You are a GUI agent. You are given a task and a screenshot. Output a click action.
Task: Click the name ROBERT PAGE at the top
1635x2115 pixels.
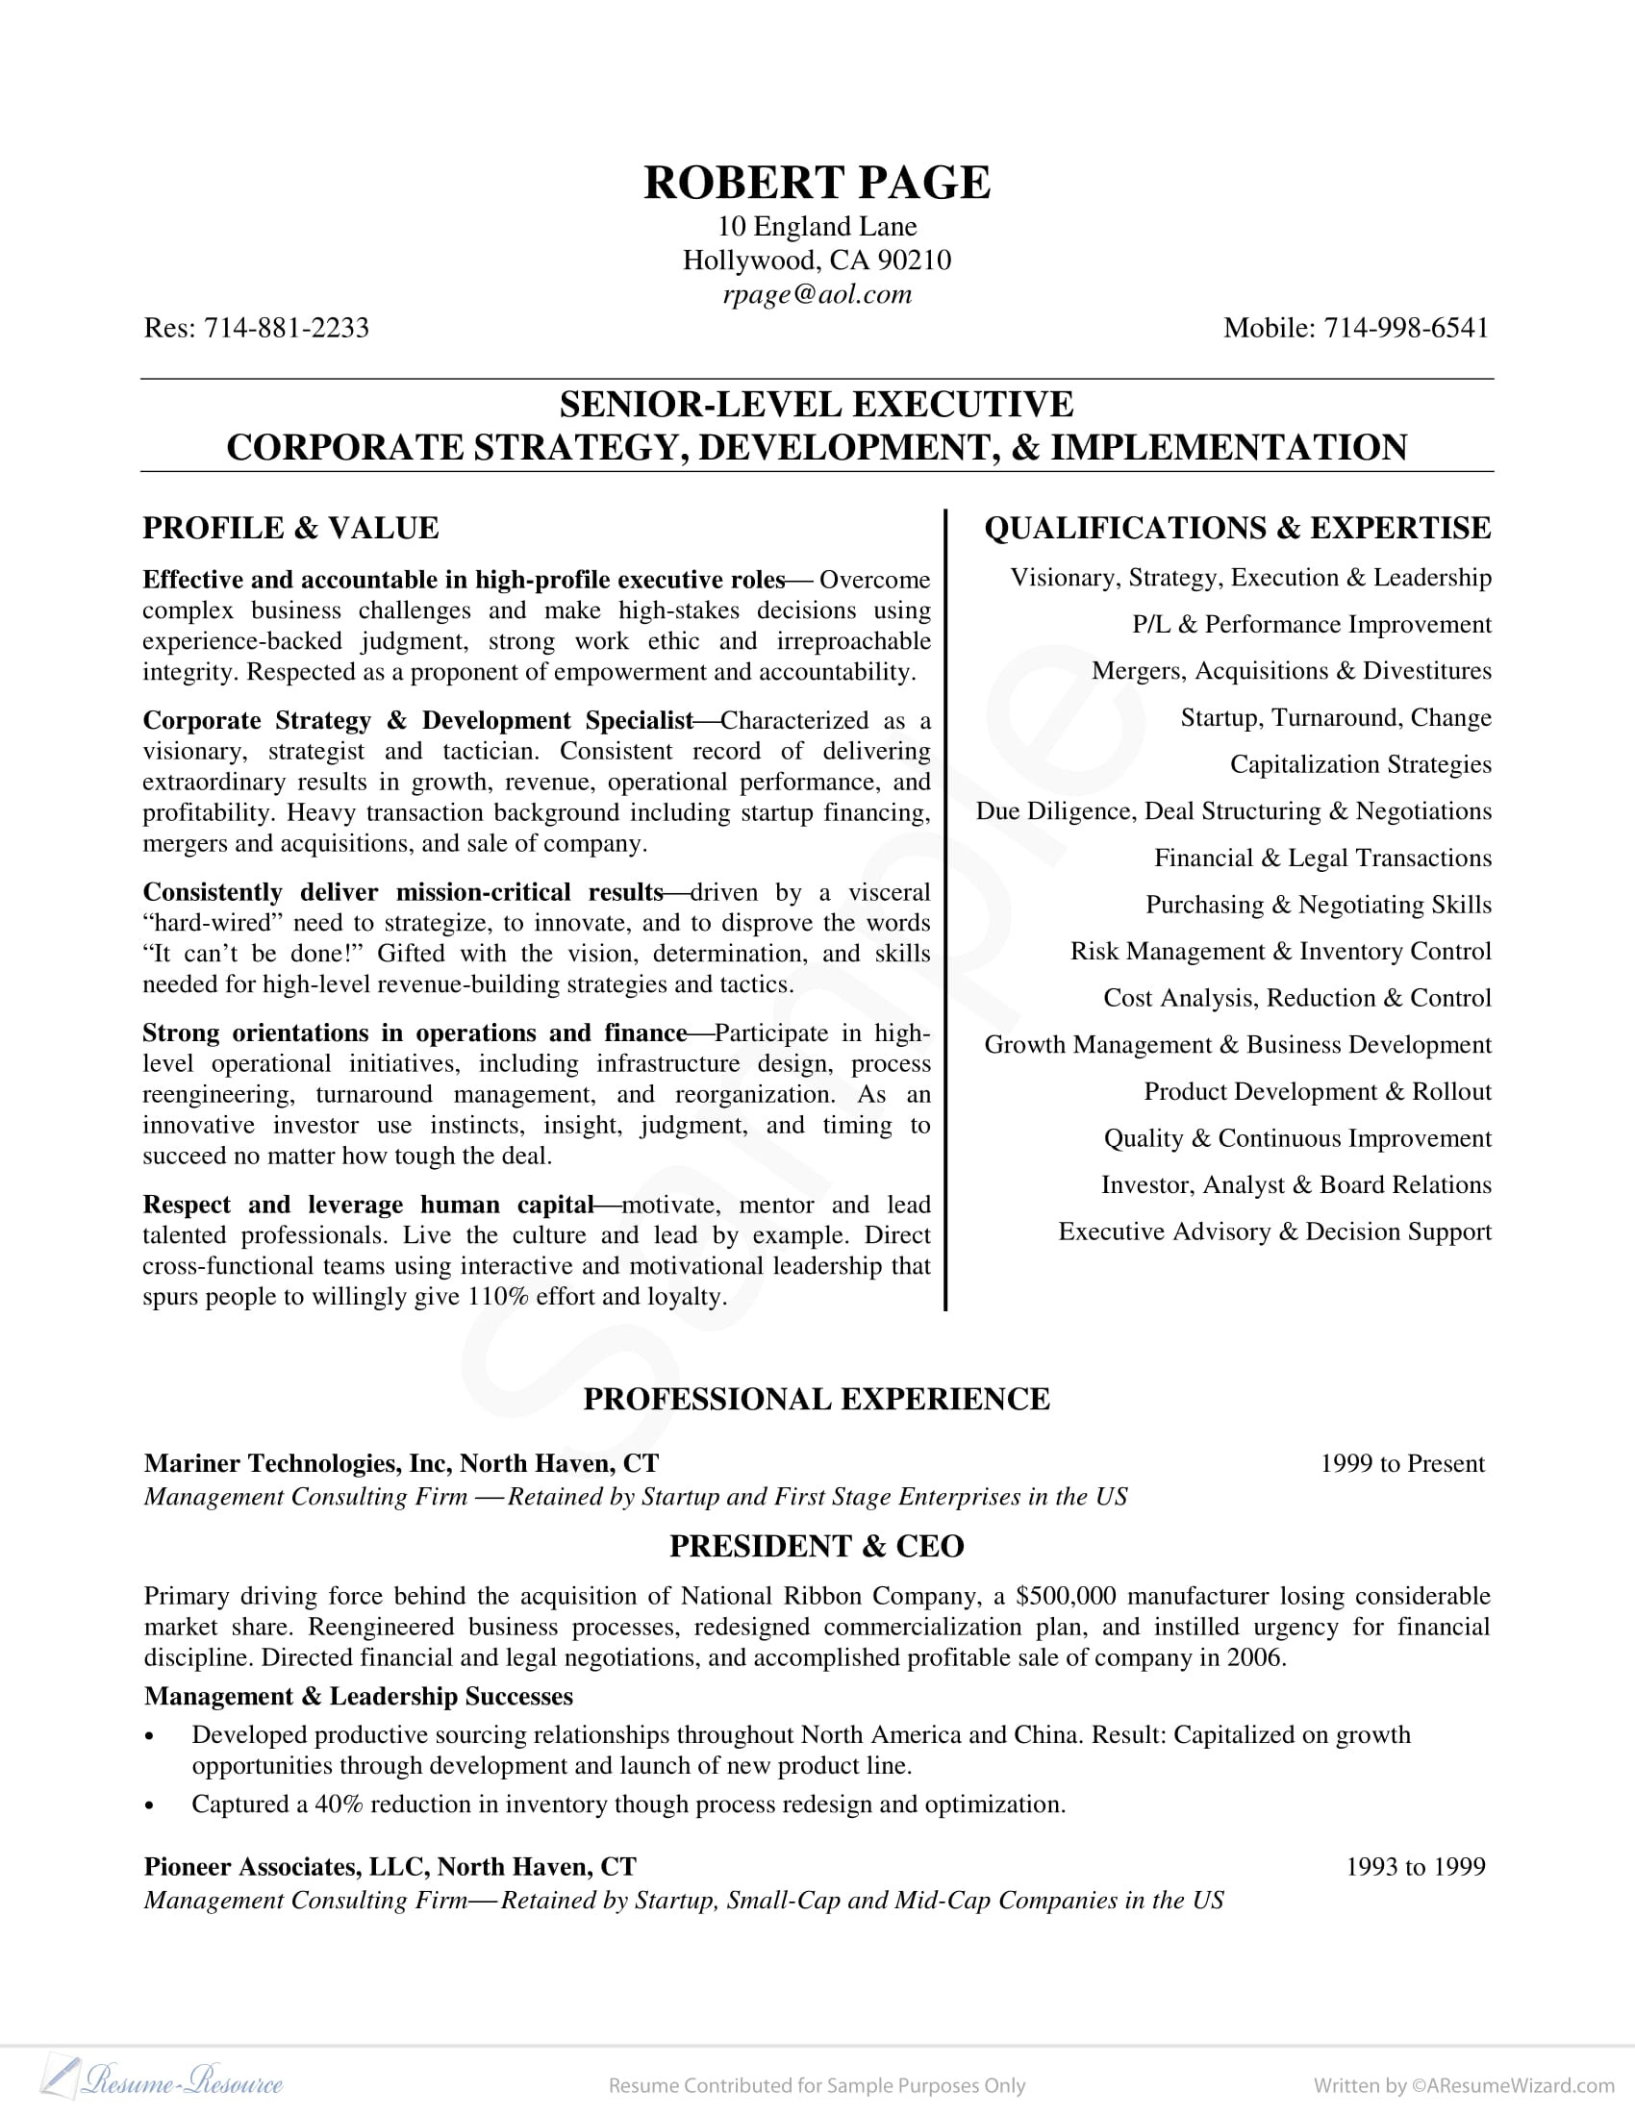pyautogui.click(x=817, y=183)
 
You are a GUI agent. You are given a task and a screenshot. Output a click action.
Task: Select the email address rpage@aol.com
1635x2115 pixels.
pyautogui.click(x=817, y=294)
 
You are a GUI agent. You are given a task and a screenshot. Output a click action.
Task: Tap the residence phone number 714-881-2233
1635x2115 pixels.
pyautogui.click(x=286, y=328)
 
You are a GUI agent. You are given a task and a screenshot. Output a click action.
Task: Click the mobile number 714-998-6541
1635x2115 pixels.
pyautogui.click(x=1405, y=328)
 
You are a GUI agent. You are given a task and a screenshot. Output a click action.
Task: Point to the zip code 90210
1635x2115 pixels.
pyautogui.click(x=915, y=261)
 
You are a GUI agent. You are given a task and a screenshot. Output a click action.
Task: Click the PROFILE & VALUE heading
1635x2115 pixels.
pyautogui.click(x=290, y=529)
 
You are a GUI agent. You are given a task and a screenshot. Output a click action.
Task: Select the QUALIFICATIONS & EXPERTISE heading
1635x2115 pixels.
pyautogui.click(x=1237, y=529)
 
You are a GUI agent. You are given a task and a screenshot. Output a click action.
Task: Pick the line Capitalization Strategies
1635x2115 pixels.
pyautogui.click(x=1360, y=765)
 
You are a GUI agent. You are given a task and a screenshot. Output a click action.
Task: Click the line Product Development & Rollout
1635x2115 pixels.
pyautogui.click(x=1317, y=1092)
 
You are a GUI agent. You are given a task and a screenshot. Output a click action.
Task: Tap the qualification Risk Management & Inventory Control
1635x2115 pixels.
pyautogui.click(x=1279, y=952)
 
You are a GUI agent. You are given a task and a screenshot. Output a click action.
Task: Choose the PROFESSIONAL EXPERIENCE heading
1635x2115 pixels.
pyautogui.click(x=817, y=1401)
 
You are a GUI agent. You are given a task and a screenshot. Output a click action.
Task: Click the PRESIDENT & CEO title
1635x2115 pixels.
pyautogui.click(x=817, y=1547)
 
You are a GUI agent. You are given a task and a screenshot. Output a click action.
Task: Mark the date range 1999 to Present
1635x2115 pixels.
pyautogui.click(x=1401, y=1463)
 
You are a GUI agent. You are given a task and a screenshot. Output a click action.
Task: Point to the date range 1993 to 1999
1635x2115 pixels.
pyautogui.click(x=1415, y=1867)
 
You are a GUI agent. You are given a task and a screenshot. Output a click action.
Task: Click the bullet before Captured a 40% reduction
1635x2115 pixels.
pyautogui.click(x=149, y=1806)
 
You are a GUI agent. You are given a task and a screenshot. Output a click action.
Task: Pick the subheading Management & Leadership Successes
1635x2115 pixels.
pyautogui.click(x=359, y=1697)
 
